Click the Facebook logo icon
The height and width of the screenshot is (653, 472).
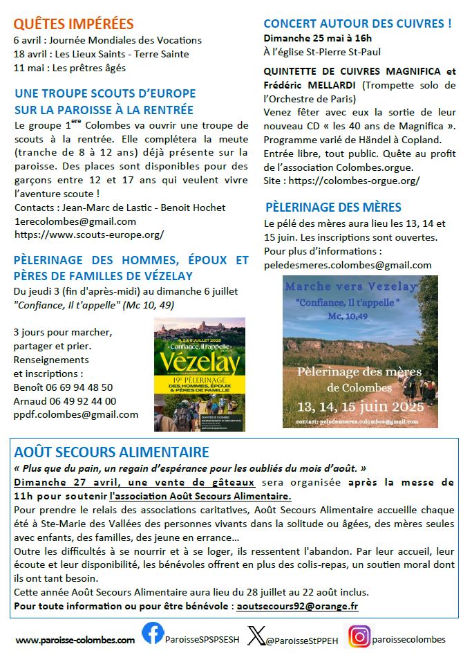153,633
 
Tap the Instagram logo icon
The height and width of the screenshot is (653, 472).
359,634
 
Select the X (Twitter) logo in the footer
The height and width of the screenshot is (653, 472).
256,634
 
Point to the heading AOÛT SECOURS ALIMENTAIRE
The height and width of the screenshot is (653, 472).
111,452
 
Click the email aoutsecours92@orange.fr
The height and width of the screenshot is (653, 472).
296,605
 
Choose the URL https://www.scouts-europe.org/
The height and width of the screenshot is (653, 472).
88,234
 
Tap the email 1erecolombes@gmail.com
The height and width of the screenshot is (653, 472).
75,221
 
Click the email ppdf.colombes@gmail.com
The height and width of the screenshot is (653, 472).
76,415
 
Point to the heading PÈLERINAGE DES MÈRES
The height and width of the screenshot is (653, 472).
333,207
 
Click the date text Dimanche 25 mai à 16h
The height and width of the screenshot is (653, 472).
317,38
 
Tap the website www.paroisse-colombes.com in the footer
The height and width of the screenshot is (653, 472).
75,640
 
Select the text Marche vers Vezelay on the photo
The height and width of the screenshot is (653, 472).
351,286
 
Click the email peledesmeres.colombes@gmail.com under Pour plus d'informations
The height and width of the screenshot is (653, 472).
348,264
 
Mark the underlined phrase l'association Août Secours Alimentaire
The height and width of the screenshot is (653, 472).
200,496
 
